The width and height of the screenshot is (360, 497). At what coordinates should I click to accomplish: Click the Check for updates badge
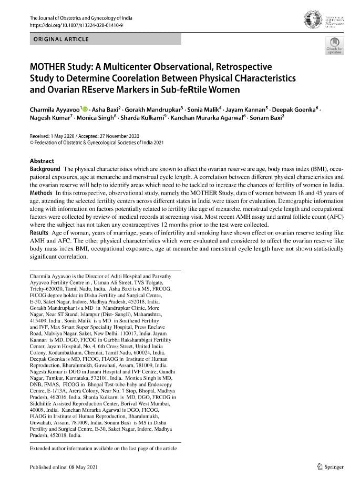[334, 46]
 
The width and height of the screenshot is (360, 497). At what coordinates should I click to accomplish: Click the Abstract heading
[42, 161]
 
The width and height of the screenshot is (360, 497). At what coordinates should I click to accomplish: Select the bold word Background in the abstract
[45, 169]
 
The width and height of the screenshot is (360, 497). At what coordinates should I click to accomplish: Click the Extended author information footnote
[104, 448]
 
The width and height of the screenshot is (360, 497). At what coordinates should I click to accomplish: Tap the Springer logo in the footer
[330, 467]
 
